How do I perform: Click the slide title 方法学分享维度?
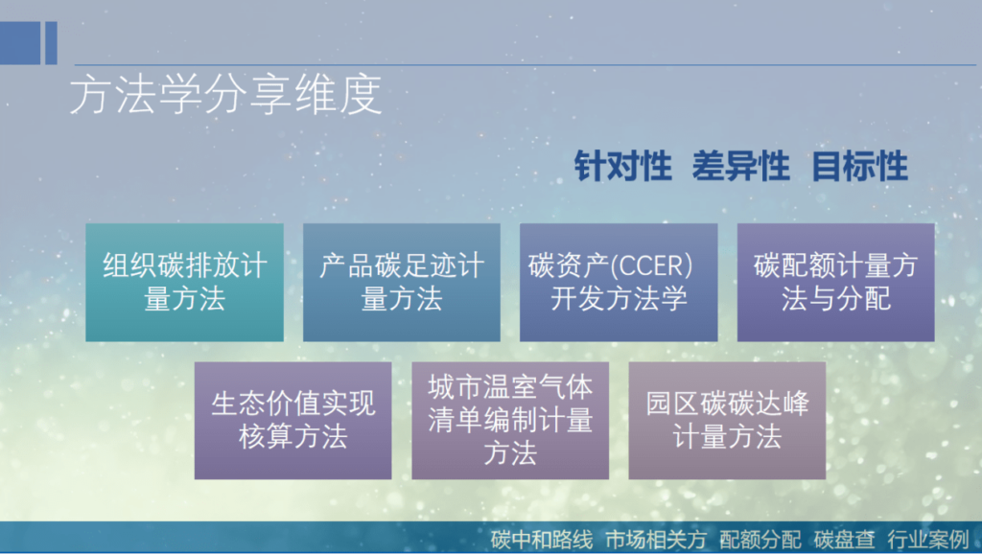pyautogui.click(x=225, y=97)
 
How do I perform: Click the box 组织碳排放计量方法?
pyautogui.click(x=184, y=282)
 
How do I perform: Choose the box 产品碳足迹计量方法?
pyautogui.click(x=401, y=282)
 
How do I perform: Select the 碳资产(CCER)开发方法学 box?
pyautogui.click(x=619, y=282)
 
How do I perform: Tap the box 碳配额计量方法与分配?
pyautogui.click(x=835, y=282)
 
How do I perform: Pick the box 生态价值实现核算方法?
pyautogui.click(x=292, y=420)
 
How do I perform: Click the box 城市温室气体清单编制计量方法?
pyautogui.click(x=510, y=420)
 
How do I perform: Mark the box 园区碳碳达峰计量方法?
pyautogui.click(x=727, y=420)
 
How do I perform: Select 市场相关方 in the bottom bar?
pyautogui.click(x=656, y=539)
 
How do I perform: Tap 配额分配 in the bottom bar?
pyautogui.click(x=761, y=539)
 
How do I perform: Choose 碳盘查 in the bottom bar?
pyautogui.click(x=845, y=539)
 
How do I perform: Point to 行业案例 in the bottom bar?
pyautogui.click(x=927, y=539)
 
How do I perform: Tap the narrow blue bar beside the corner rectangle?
pyautogui.click(x=51, y=43)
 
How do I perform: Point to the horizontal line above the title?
pyautogui.click(x=518, y=65)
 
